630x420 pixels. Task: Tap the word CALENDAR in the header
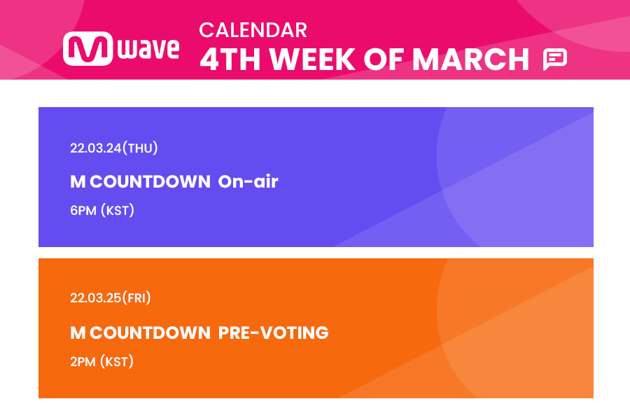253,30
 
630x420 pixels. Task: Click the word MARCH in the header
471,60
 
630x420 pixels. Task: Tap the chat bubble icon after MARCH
554,59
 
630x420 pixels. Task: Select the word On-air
248,182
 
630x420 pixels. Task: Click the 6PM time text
83,211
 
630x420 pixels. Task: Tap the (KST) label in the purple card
117,211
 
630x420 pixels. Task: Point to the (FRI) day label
137,298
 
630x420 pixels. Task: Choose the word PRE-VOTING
273,332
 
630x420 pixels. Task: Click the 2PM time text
83,362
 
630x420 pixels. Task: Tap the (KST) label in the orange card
117,362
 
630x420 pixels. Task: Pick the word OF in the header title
384,60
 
